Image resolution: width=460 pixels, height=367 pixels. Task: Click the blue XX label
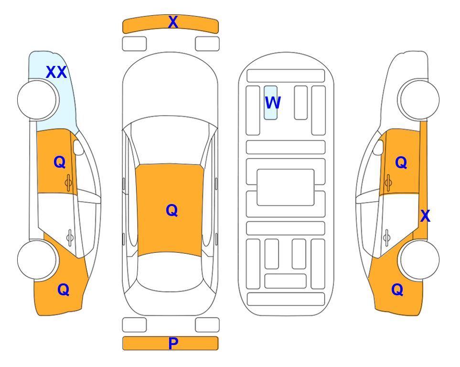point(56,72)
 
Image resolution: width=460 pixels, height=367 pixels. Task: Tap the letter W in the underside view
point(273,103)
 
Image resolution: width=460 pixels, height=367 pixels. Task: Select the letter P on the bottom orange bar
point(173,343)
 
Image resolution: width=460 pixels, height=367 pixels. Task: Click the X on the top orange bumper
point(173,22)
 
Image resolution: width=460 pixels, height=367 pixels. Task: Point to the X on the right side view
point(425,216)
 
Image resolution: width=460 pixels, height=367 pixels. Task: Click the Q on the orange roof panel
point(172,210)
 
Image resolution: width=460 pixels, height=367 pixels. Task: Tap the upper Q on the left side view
point(60,162)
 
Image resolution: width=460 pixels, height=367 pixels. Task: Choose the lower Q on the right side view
point(397,290)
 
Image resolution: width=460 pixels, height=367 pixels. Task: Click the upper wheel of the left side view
point(37,100)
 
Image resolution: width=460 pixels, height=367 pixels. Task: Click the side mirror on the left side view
point(78,147)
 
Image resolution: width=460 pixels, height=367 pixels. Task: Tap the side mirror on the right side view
point(378,147)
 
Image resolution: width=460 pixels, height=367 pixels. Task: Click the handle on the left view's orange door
point(68,183)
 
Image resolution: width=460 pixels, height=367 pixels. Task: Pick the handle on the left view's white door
point(70,237)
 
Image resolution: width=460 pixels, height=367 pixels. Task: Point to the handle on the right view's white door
point(387,237)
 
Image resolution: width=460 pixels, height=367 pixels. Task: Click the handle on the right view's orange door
point(388,183)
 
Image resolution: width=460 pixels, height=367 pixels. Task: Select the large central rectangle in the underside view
point(286,187)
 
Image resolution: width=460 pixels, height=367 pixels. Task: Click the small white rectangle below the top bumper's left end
point(134,44)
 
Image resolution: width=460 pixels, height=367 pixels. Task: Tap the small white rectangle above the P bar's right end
point(207,325)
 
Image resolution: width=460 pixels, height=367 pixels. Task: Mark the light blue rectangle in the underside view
point(270,103)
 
